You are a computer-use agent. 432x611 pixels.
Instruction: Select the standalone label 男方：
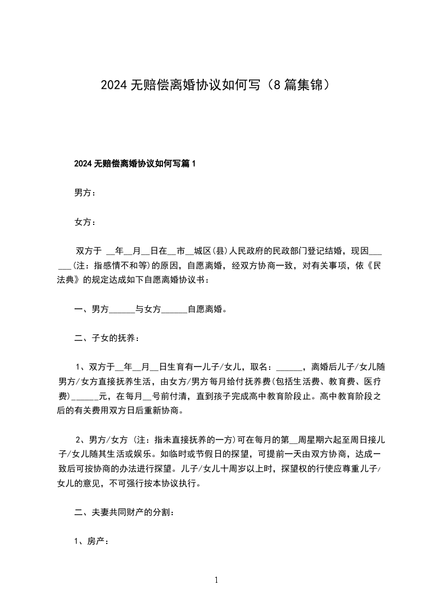coord(85,193)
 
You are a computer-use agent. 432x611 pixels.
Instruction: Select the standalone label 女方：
coord(85,222)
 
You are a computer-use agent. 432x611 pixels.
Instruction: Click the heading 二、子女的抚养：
coord(107,339)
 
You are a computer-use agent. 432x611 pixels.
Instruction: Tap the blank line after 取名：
coord(288,366)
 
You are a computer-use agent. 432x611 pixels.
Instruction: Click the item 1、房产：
coord(92,542)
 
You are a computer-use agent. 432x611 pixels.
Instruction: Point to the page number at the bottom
coord(216,581)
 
